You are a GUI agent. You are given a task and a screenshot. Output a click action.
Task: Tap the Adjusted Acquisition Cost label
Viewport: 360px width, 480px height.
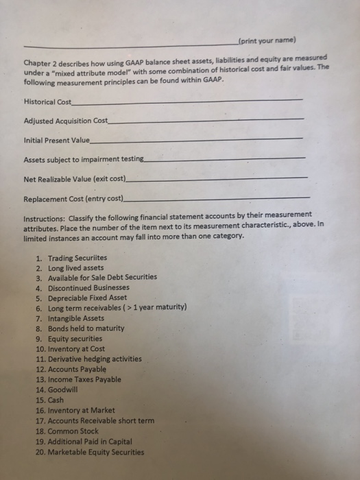pos(66,121)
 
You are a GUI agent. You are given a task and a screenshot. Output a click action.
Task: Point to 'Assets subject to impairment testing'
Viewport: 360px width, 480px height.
pos(84,159)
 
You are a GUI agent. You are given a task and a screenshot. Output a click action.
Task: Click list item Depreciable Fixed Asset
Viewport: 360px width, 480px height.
pos(87,298)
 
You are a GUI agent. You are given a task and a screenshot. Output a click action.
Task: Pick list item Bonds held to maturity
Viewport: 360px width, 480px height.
pos(86,328)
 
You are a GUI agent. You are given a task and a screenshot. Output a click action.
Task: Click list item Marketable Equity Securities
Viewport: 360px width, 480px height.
pos(96,452)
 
